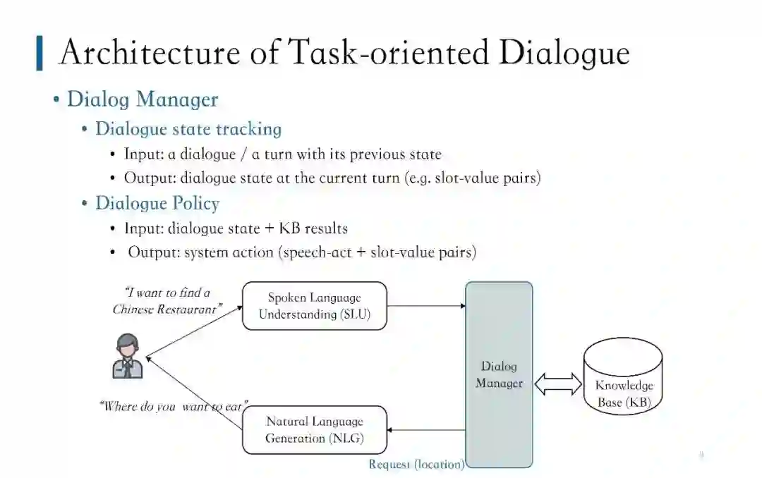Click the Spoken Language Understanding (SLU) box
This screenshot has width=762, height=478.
pyautogui.click(x=315, y=306)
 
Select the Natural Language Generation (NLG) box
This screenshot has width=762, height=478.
pyautogui.click(x=315, y=429)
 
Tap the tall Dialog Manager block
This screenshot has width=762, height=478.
pyautogui.click(x=499, y=374)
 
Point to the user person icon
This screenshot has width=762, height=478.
pyautogui.click(x=128, y=357)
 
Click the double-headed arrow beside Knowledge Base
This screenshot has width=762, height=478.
pyautogui.click(x=557, y=384)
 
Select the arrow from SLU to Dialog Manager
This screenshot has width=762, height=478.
pyautogui.click(x=427, y=306)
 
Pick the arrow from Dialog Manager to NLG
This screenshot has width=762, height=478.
pyautogui.click(x=427, y=430)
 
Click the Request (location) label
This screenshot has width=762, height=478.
pyautogui.click(x=416, y=464)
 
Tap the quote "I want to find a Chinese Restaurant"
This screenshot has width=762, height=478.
pyautogui.click(x=168, y=301)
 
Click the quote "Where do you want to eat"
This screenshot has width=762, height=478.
pyautogui.click(x=173, y=406)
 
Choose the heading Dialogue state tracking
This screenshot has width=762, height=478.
pyautogui.click(x=188, y=129)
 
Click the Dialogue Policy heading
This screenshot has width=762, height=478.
pyautogui.click(x=157, y=204)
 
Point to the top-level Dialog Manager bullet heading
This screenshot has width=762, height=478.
pyautogui.click(x=143, y=99)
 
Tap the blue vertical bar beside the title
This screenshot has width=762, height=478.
pyautogui.click(x=40, y=54)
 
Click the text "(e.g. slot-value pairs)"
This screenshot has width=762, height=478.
pyautogui.click(x=473, y=178)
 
